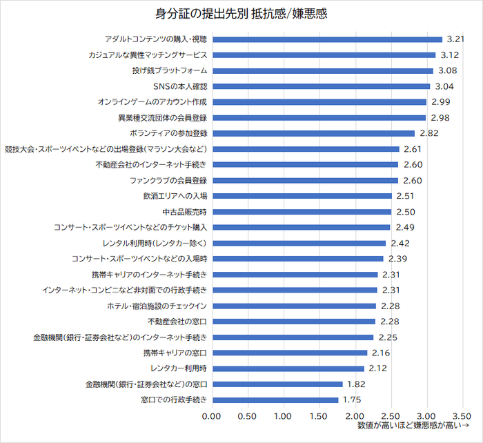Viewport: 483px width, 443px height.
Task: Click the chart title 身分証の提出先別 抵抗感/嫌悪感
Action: [241, 14]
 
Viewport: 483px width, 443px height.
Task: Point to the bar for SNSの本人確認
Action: [320, 86]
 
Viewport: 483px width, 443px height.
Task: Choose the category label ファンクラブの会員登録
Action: [168, 180]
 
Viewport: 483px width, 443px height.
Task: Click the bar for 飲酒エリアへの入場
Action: [302, 196]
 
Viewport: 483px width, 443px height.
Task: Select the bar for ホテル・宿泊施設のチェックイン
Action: [293, 306]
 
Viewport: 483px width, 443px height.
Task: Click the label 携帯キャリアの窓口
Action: [175, 353]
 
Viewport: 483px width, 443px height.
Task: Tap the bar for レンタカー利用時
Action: [288, 368]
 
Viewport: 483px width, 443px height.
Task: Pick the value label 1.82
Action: [356, 384]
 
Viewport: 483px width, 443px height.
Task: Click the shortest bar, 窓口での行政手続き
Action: [275, 400]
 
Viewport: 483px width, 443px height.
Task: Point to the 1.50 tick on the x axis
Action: [319, 416]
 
